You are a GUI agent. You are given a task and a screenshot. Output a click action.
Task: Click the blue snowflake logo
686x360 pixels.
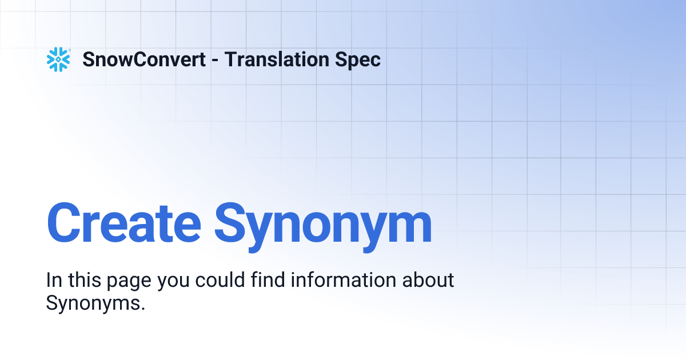(58, 59)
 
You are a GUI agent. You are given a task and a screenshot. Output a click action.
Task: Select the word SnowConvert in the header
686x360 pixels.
(144, 59)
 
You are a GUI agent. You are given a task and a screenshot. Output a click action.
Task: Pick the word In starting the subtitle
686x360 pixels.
(53, 281)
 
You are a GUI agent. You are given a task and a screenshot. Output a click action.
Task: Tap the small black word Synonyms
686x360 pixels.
(93, 303)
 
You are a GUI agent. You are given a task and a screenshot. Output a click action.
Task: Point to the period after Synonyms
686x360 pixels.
(143, 309)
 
